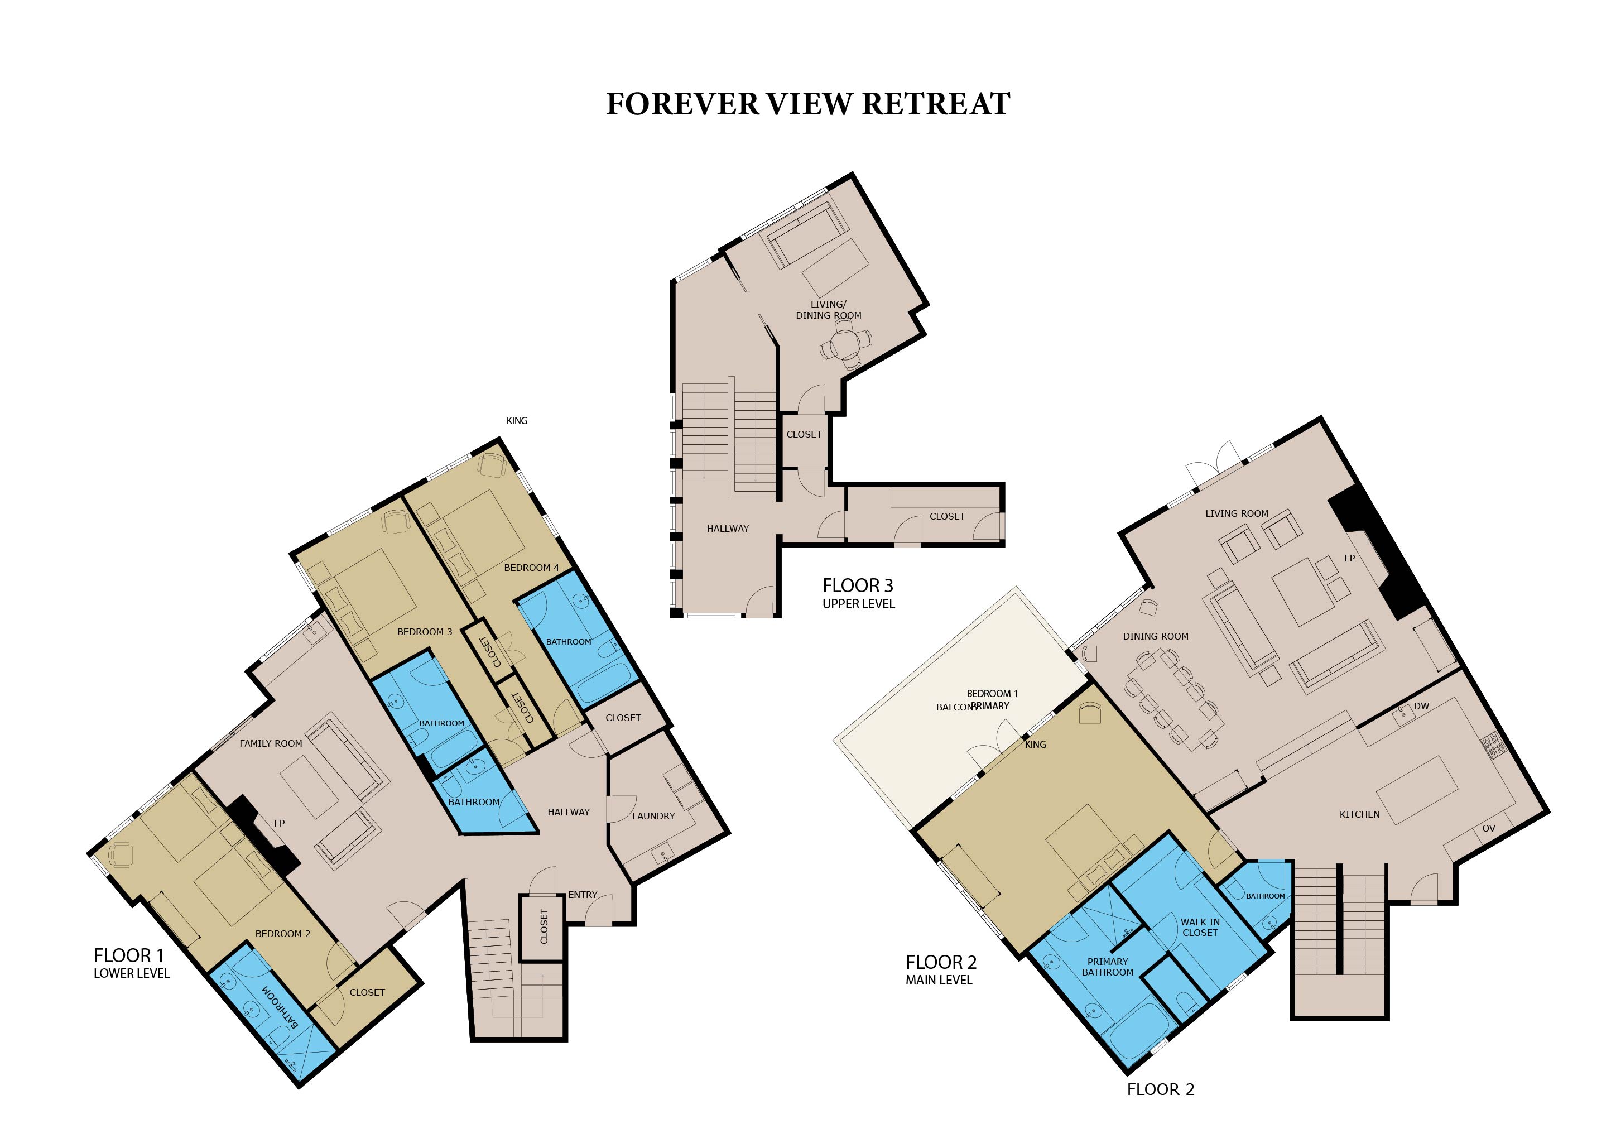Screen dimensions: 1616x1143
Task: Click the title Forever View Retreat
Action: pyautogui.click(x=808, y=104)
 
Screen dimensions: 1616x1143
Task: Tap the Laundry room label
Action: pyautogui.click(x=653, y=816)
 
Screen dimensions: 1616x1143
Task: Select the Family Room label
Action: pyautogui.click(x=271, y=743)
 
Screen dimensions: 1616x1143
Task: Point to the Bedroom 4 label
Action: pyautogui.click(x=531, y=567)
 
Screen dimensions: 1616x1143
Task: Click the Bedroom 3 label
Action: pyautogui.click(x=425, y=631)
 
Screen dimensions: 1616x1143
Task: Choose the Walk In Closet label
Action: pyautogui.click(x=1200, y=927)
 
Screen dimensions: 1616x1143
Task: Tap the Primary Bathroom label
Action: pyautogui.click(x=1107, y=966)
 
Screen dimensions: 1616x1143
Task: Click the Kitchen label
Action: pyautogui.click(x=1359, y=814)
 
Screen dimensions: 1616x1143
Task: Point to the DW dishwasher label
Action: pyautogui.click(x=1421, y=706)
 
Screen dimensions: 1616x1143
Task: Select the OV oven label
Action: pyautogui.click(x=1489, y=828)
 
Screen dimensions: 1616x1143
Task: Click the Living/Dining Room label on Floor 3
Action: pyautogui.click(x=829, y=310)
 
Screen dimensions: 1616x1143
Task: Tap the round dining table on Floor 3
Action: pyautogui.click(x=844, y=345)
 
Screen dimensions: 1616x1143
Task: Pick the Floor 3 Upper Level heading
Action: pyautogui.click(x=859, y=593)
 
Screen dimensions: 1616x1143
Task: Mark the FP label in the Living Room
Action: pyautogui.click(x=1349, y=558)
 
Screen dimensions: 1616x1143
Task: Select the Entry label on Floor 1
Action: pyautogui.click(x=583, y=895)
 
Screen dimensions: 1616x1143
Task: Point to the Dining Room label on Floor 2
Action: pyautogui.click(x=1155, y=636)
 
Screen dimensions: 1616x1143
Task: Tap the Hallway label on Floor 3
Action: pyautogui.click(x=728, y=529)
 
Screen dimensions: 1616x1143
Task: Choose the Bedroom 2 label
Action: pyautogui.click(x=282, y=933)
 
